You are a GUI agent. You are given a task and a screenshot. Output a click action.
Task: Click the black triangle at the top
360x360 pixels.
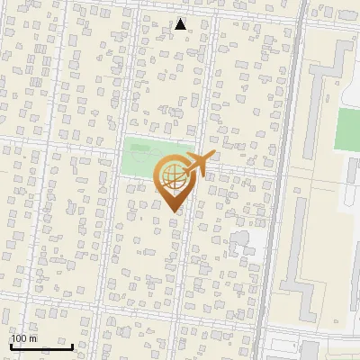pos(181,24)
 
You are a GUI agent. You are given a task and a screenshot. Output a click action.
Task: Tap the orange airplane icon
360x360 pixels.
pos(199,164)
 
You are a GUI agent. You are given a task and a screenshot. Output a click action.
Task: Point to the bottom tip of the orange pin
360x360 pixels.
pos(172,212)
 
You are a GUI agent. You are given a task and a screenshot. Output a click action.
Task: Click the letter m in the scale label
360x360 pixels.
pos(32,337)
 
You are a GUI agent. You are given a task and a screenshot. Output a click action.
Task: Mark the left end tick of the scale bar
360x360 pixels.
pos(10,346)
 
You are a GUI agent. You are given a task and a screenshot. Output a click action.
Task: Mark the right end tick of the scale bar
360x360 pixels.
pos(72,346)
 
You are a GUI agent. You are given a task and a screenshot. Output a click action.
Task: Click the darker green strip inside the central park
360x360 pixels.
pos(157,147)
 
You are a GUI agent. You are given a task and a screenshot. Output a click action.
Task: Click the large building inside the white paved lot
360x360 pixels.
pos(241,242)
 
